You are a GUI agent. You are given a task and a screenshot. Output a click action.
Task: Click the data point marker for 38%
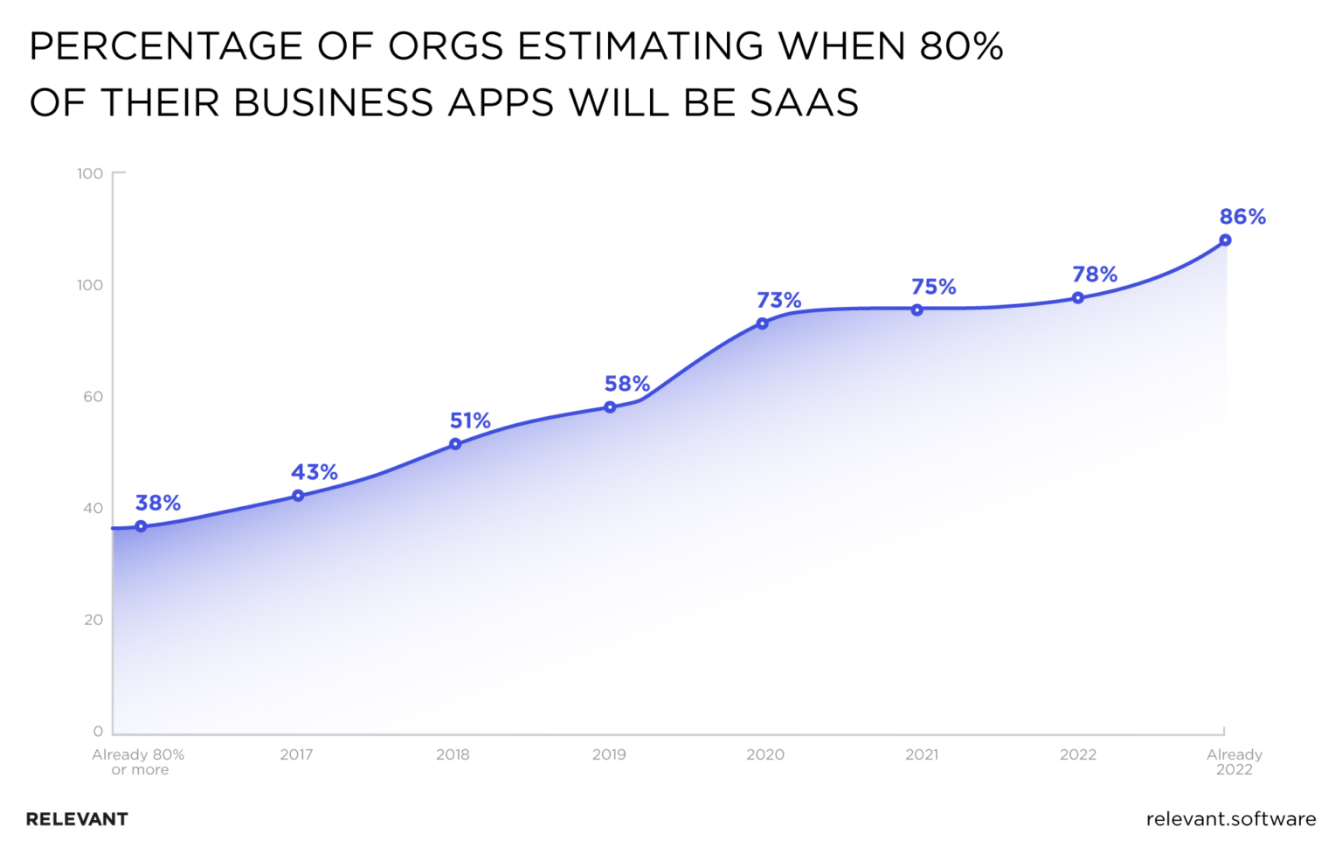point(141,526)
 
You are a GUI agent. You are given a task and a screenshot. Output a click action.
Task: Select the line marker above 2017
point(298,496)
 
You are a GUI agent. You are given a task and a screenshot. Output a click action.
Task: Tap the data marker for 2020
point(762,323)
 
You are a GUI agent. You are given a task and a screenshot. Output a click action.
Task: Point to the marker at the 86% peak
point(1225,240)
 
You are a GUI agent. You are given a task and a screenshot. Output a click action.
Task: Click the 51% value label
point(470,421)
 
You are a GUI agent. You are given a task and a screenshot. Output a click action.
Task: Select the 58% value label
point(626,384)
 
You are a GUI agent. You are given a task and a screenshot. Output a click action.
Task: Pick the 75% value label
point(933,287)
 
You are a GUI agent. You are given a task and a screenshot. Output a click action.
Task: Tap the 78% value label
point(1095,275)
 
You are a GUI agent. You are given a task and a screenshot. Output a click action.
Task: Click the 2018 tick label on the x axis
point(453,754)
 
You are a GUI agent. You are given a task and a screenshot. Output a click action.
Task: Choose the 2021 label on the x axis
point(922,754)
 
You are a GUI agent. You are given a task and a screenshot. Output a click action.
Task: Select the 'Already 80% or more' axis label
point(139,761)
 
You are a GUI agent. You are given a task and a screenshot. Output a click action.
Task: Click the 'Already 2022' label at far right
point(1234,761)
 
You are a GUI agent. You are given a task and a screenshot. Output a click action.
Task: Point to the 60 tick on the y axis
point(93,396)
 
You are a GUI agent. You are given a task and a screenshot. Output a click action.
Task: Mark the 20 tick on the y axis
point(93,619)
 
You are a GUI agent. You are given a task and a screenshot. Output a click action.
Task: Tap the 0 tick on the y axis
point(98,731)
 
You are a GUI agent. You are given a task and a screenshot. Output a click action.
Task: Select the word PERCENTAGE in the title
point(165,46)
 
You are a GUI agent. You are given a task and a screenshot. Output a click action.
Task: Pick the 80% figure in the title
point(961,46)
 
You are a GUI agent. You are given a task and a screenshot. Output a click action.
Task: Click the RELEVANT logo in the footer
point(77,819)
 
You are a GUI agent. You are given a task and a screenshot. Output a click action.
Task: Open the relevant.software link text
point(1230,819)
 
